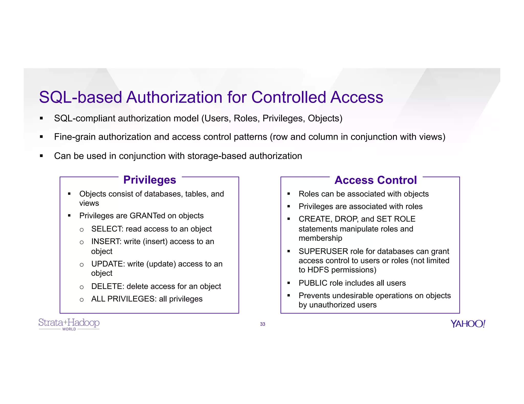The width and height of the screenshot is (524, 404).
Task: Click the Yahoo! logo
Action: pyautogui.click(x=468, y=324)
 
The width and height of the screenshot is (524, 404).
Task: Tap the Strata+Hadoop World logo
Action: pyautogui.click(x=69, y=324)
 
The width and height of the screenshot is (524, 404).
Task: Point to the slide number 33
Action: pyautogui.click(x=263, y=324)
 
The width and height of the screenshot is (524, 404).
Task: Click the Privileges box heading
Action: pyautogui.click(x=150, y=180)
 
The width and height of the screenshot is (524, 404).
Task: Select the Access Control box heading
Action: pyautogui.click(x=376, y=180)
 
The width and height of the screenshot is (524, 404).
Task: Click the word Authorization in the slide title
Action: pyautogui.click(x=174, y=97)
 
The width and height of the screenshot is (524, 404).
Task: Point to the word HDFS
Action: pyautogui.click(x=318, y=270)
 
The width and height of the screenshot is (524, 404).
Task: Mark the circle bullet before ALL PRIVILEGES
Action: pyautogui.click(x=82, y=300)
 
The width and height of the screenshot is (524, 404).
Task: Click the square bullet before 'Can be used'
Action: pyautogui.click(x=41, y=156)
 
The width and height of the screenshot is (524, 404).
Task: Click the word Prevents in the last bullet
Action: pyautogui.click(x=314, y=295)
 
